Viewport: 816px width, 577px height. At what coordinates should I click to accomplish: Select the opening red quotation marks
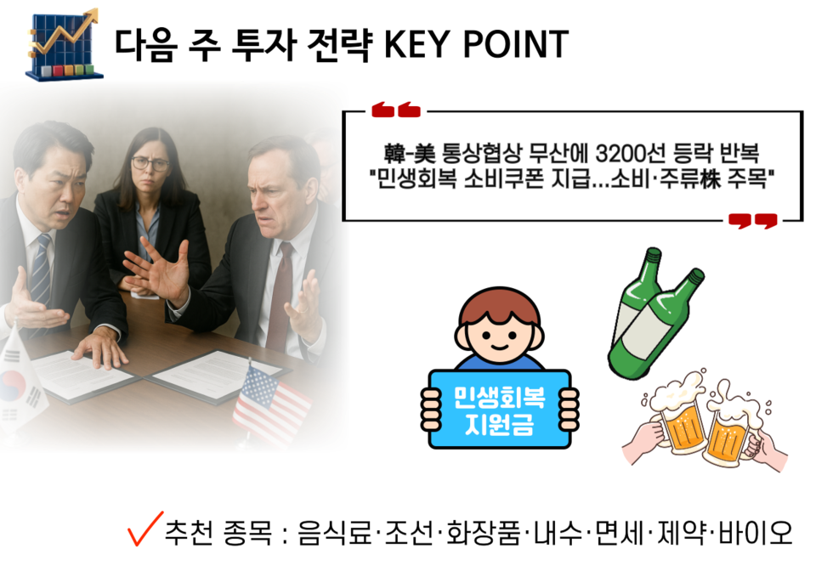click(x=395, y=110)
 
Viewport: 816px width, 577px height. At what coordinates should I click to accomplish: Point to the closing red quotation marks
click(x=752, y=222)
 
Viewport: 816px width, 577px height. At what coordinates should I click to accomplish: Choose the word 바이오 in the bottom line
click(x=755, y=533)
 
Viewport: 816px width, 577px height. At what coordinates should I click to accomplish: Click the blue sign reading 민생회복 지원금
click(x=499, y=409)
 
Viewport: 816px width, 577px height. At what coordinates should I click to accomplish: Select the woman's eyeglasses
click(x=151, y=163)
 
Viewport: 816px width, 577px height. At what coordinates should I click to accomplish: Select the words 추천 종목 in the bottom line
click(x=218, y=533)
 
